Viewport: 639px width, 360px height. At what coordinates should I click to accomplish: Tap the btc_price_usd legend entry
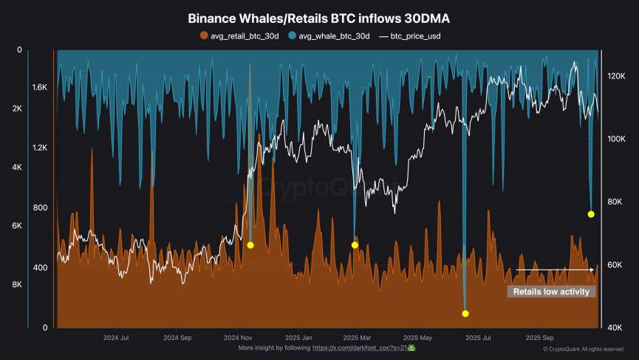point(411,35)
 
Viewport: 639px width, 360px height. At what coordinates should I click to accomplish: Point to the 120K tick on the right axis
point(617,76)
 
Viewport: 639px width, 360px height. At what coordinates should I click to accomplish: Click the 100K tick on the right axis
point(617,139)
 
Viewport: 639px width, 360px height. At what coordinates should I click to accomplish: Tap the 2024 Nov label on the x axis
point(238,337)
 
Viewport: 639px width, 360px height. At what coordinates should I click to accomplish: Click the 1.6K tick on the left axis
point(39,87)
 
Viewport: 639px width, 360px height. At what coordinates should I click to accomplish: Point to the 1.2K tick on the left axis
point(39,148)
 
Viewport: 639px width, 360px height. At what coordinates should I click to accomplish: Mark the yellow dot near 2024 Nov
point(250,245)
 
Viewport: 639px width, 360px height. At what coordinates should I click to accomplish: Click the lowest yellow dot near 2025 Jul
point(465,313)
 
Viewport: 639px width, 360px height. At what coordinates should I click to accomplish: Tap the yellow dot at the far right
point(591,214)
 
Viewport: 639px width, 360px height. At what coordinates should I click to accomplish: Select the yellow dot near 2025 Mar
point(355,245)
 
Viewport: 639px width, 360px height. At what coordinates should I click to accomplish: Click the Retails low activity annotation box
point(550,292)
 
